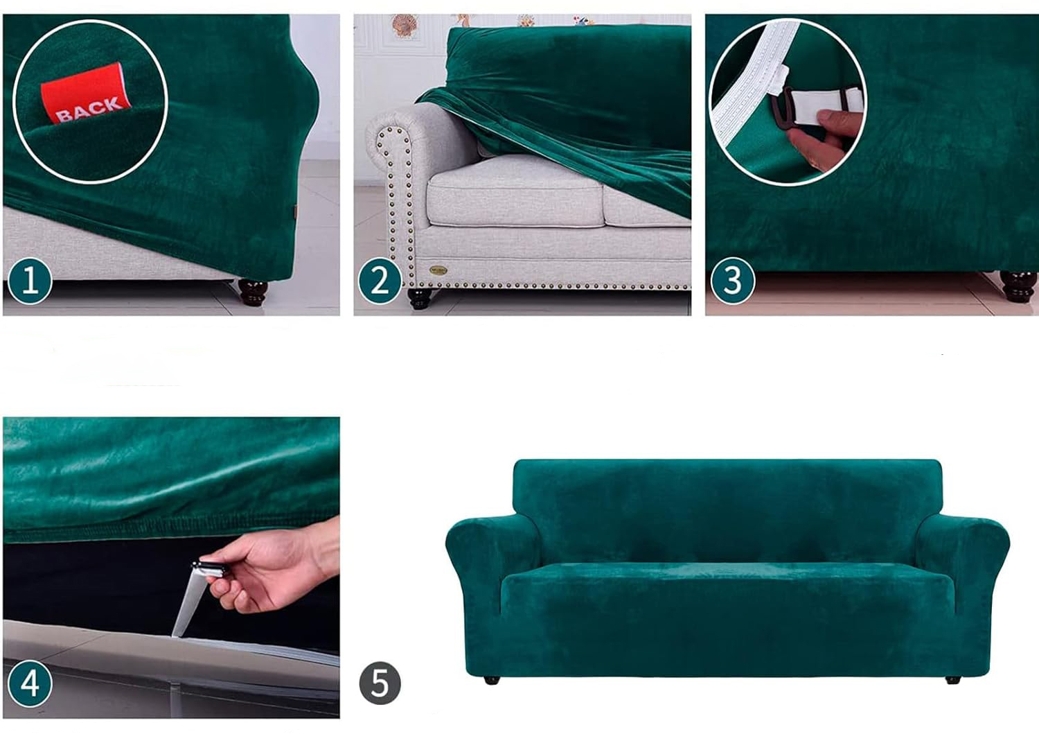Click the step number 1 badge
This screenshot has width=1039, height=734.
[30, 281]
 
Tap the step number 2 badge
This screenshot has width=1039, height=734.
[380, 281]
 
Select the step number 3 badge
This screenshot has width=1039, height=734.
[732, 281]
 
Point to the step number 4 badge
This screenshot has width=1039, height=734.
[30, 683]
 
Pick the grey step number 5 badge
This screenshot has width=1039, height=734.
[380, 683]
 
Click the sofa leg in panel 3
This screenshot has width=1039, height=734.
[1018, 286]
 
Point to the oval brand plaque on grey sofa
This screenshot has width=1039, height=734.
[438, 270]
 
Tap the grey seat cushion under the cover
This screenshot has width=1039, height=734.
[515, 191]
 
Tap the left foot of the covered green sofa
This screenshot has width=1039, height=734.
[492, 680]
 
